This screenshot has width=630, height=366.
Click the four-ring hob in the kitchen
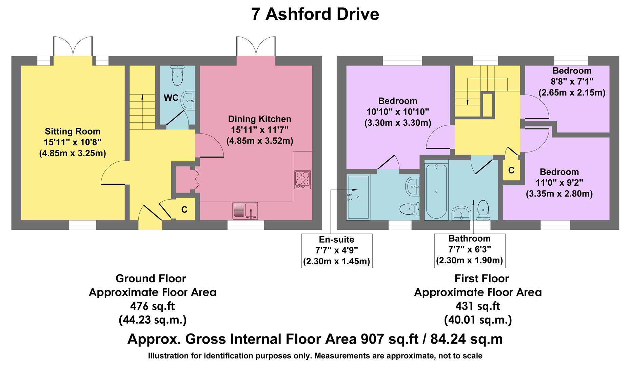click(x=302, y=180)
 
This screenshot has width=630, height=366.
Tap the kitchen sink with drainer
click(x=245, y=210)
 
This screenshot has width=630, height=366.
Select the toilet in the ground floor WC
click(x=177, y=75)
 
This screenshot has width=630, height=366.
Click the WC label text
click(x=171, y=98)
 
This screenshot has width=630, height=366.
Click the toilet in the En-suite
click(x=410, y=209)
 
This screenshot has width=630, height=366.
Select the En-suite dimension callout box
click(x=337, y=251)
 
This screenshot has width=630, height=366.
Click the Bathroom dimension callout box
click(x=469, y=251)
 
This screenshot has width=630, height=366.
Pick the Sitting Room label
click(x=73, y=131)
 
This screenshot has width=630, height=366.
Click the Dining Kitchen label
click(x=259, y=119)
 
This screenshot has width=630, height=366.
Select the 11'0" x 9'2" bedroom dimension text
click(x=559, y=183)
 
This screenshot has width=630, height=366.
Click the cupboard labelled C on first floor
click(x=511, y=170)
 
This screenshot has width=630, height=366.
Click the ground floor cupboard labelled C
click(x=184, y=210)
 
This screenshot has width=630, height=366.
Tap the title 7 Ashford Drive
click(x=315, y=14)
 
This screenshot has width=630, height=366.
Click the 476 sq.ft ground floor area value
click(x=152, y=306)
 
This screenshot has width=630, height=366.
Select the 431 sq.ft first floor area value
click(x=477, y=306)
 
